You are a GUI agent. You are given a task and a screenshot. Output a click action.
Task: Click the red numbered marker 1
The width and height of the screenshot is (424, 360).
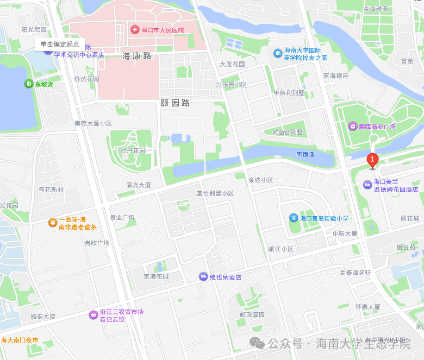pos(372,160)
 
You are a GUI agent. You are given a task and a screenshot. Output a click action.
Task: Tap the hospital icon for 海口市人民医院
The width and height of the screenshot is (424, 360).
pos(135,29)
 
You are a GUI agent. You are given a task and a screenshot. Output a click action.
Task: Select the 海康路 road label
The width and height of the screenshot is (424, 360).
pos(136,55)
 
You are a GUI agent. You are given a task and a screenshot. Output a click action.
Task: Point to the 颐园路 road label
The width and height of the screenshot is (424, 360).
pos(175,102)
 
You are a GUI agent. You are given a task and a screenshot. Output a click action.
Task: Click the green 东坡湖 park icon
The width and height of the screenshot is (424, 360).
pos(29,84)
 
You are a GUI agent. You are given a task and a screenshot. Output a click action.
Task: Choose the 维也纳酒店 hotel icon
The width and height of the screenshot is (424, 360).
pos(204,277)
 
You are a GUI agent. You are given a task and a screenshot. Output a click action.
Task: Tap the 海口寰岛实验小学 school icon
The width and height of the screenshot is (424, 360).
pos(294,218)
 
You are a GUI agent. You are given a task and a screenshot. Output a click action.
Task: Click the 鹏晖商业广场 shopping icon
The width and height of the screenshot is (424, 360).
pos(353,127)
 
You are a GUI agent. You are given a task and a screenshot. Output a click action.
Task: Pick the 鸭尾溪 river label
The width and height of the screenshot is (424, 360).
pos(305,155)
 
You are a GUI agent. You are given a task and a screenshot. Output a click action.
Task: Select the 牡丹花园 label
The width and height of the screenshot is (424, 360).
pos(132,150)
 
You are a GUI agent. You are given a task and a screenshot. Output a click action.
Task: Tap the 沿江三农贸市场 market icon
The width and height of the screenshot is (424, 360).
pos(93,315)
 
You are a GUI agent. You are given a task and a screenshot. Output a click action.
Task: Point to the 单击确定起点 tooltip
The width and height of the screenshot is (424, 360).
pos(60,45)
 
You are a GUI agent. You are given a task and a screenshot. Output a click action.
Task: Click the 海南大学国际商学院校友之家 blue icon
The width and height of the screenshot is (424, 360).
pos(278,53)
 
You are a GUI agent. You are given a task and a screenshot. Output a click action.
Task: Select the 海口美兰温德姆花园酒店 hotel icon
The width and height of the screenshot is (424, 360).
pos(367,185)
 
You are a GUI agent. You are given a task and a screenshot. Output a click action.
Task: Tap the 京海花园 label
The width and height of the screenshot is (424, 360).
pos(156,276)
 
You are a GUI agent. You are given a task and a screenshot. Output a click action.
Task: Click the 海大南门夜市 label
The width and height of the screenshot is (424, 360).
pos(20,340)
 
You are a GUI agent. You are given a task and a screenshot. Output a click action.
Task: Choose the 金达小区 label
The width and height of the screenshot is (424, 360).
pos(260,180)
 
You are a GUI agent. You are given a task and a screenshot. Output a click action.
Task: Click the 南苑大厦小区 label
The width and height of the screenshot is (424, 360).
pos(93,123)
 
